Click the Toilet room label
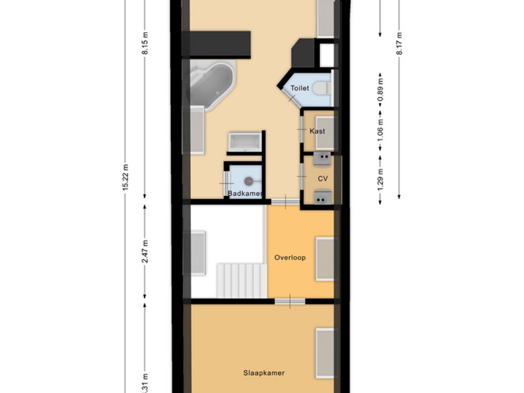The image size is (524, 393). click(300, 88)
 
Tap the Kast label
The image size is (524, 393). click(317, 131)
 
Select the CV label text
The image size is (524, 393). click(322, 179)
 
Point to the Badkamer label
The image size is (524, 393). click(245, 193)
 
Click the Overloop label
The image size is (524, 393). click(290, 257)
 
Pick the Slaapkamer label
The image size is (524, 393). click(264, 373)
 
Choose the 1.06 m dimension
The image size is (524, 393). click(380, 129)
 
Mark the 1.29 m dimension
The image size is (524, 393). click(380, 179)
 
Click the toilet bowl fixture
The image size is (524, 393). click(321, 88)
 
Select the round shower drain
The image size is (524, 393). click(249, 181)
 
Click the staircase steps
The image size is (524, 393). click(241, 280)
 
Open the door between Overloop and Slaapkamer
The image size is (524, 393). click(290, 301)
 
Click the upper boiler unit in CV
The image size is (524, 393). click(322, 159)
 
